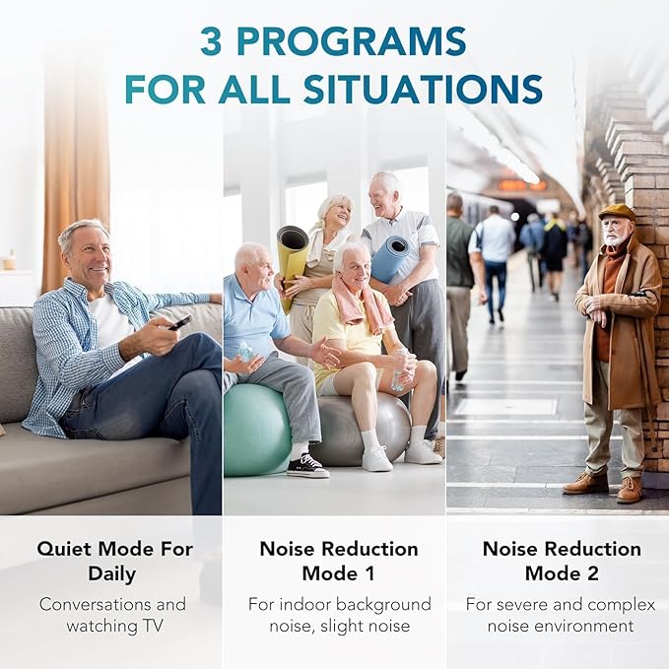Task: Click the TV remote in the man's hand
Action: point(180,321)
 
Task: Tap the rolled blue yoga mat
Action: point(391,258)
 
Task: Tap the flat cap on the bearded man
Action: point(617,212)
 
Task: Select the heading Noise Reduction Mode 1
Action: point(338,561)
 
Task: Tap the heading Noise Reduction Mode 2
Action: point(561,561)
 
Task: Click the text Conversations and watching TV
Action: point(111,614)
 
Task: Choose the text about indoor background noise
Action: point(338,614)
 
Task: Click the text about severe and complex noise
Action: point(561,614)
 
